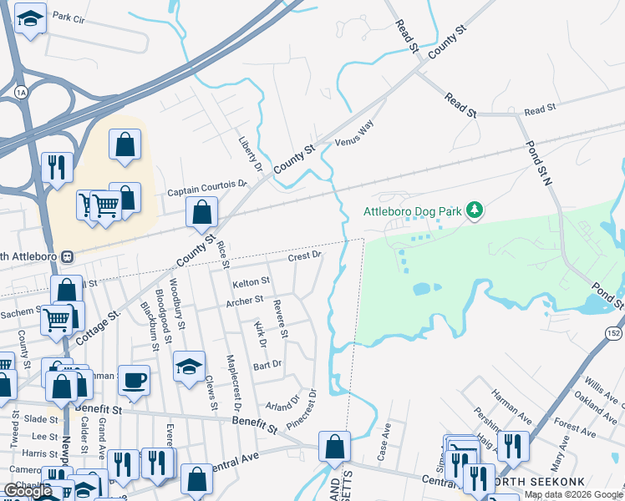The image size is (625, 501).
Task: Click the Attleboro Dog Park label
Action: (413, 211)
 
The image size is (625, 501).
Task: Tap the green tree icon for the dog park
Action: (475, 209)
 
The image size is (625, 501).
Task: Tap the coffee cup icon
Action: (134, 380)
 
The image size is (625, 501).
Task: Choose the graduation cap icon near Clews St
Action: (189, 366)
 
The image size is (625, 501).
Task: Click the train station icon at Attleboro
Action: (72, 256)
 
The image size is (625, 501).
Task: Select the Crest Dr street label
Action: (305, 256)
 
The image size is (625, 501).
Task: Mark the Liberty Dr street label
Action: (250, 154)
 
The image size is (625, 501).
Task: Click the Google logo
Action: (28, 491)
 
